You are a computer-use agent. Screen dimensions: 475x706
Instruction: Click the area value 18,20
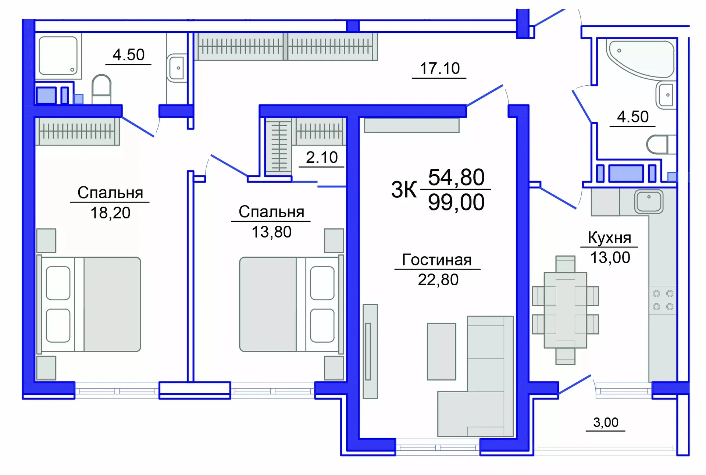[110, 213]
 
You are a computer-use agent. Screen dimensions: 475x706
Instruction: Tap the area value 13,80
[271, 232]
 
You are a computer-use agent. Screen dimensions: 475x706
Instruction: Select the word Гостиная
[437, 260]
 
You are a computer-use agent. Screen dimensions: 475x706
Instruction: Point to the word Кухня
[609, 238]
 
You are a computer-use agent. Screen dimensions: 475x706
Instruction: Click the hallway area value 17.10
[439, 68]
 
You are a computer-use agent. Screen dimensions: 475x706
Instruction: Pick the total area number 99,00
[456, 202]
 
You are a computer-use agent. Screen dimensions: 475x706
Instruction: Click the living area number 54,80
[456, 177]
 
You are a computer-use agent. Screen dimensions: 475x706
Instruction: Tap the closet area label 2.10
[322, 157]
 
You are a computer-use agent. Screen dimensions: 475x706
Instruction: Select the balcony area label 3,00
[606, 422]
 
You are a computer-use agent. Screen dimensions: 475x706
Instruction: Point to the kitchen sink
[649, 201]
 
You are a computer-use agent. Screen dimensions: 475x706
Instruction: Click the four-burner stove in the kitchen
[663, 300]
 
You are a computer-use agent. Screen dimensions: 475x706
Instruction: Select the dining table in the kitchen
[565, 310]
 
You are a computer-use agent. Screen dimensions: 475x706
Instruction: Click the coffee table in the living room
[441, 351]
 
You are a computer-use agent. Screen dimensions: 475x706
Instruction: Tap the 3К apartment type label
[403, 190]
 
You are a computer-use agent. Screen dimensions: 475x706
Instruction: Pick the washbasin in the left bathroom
[177, 68]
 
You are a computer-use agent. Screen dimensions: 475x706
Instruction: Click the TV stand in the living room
[370, 351]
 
